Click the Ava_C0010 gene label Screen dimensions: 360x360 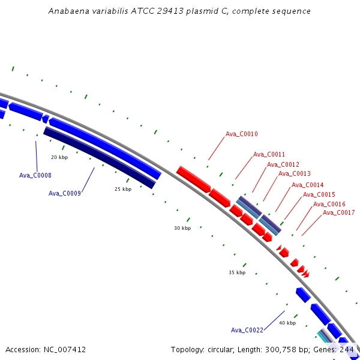pos(242,134)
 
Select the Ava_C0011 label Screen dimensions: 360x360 pos(269,154)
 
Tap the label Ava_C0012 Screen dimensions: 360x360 pos(283,164)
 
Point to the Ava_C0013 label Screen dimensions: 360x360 pos(295,173)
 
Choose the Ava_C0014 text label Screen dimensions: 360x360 pos(307,185)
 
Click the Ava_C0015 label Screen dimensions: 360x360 pos(319,194)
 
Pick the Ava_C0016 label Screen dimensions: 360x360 pos(329,204)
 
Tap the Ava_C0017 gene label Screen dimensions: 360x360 pos(338,212)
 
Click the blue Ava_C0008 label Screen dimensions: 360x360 pos(35,175)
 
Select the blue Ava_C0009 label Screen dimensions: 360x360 pos(65,193)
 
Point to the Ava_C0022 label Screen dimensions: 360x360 pos(247,330)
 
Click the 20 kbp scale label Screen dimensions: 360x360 pos(59,157)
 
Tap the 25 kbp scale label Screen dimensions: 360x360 pos(123,189)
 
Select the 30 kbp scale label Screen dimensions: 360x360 pos(182,228)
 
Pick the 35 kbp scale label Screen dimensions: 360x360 pos(237,272)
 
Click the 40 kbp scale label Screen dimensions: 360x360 pos(287,323)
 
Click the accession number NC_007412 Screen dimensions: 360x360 pos(65,350)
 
